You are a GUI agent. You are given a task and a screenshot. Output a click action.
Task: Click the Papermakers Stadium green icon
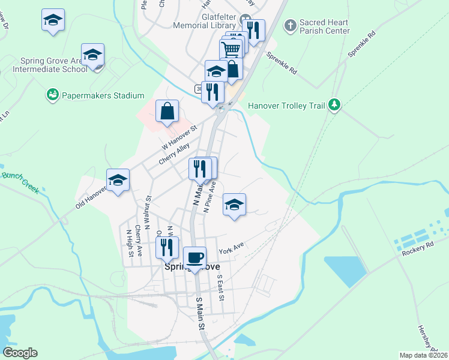[53, 95]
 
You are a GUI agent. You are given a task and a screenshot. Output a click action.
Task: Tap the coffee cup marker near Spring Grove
[194, 258]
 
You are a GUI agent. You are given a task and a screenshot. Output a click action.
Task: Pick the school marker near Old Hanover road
[118, 179]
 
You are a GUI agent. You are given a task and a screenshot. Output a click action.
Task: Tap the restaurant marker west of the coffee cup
[167, 247]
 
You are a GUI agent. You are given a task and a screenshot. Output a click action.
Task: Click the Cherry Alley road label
[174, 154]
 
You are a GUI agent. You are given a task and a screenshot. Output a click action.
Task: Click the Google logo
[20, 353]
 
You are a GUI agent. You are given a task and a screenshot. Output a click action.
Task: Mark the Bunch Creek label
[20, 182]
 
